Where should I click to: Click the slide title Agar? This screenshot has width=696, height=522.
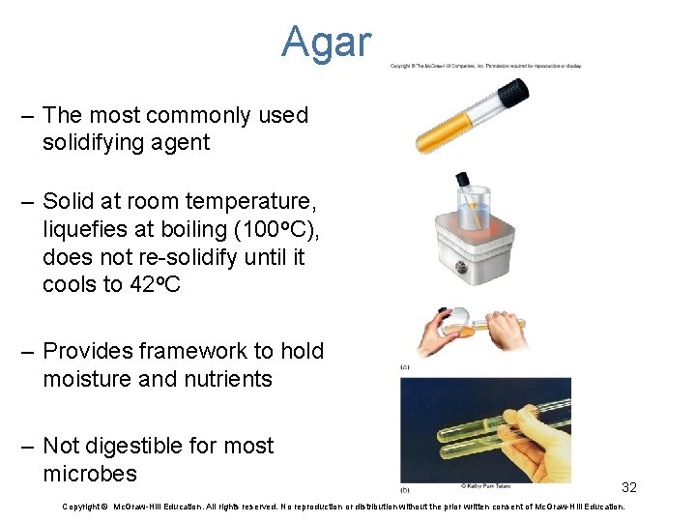point(326,43)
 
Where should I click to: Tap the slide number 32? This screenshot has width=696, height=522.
point(628,487)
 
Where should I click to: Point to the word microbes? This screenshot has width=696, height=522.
point(90,474)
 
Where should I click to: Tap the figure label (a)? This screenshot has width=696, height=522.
point(405,367)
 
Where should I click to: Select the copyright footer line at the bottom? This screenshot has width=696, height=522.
point(343,507)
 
